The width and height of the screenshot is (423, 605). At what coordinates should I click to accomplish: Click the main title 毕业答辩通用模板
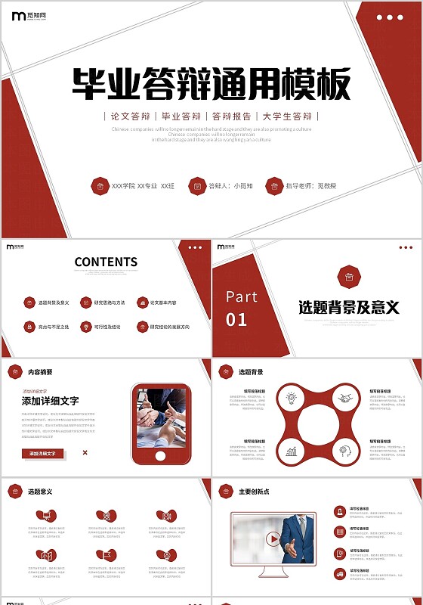tap(211, 83)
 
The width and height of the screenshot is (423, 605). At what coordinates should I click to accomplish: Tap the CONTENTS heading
tap(106, 262)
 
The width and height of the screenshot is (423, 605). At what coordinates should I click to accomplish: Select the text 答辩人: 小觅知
tap(230, 186)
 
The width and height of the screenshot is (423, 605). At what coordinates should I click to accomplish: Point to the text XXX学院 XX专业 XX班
tap(143, 186)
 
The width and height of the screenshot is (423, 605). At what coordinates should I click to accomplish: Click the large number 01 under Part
tap(236, 319)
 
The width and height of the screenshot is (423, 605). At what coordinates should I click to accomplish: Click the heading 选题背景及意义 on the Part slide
tap(348, 307)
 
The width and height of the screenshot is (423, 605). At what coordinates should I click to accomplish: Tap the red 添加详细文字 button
tap(43, 454)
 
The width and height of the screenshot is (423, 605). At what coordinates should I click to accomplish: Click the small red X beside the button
tap(85, 453)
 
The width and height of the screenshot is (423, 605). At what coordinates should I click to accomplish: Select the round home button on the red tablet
tap(160, 456)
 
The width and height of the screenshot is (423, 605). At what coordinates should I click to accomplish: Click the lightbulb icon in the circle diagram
tap(291, 396)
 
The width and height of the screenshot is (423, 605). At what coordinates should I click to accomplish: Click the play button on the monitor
tap(272, 539)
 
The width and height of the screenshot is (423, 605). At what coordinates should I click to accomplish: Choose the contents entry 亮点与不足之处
tap(54, 327)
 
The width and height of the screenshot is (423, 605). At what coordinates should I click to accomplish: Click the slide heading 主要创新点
tap(254, 492)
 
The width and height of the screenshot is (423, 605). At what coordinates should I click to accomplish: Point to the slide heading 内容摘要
tap(40, 372)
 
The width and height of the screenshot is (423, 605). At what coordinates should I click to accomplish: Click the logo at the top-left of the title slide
tap(26, 17)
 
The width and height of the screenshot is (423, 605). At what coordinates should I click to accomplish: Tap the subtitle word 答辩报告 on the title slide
tap(231, 116)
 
